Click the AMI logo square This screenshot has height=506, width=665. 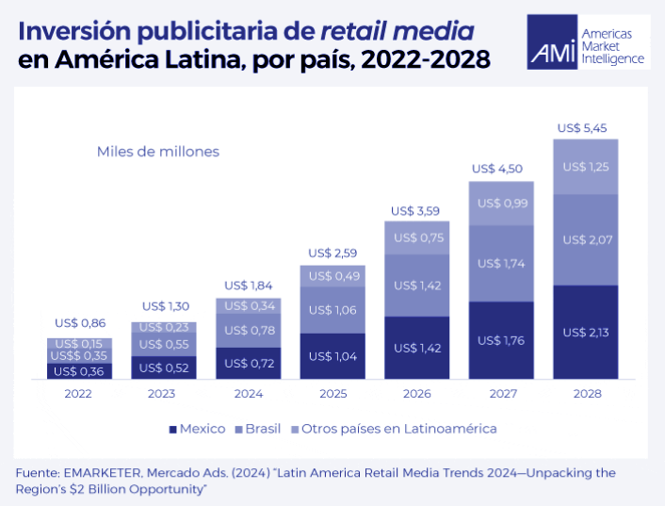554,42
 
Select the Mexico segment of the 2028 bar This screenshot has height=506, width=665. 585,332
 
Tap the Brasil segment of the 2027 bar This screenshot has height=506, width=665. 501,263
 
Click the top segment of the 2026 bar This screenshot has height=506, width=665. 417,237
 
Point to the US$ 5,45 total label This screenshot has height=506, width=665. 584,127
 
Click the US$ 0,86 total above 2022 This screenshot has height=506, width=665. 79,322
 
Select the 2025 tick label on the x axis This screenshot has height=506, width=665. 332,394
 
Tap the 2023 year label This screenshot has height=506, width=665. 164,394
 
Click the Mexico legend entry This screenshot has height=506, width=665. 197,429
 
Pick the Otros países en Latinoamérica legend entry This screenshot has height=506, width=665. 396,429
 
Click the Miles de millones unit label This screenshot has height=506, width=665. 157,151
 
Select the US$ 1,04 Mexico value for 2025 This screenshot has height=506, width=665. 332,356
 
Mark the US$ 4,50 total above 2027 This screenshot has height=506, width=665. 500,170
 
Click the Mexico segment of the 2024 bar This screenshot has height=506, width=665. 249,363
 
